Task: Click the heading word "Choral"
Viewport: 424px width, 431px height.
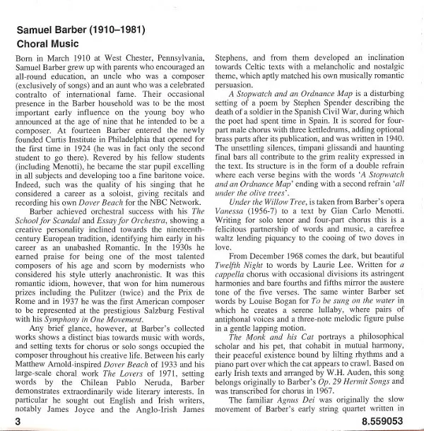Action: point(34,44)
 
